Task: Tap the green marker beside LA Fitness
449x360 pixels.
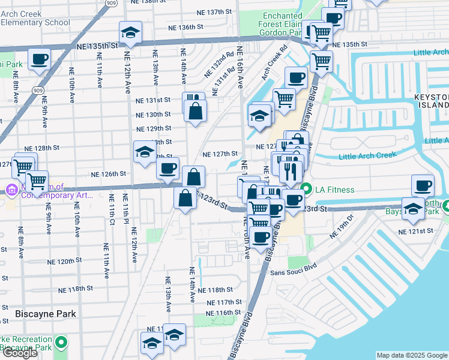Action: click(x=306, y=190)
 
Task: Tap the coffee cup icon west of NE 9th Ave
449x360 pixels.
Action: click(x=39, y=59)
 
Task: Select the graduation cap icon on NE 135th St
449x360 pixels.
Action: click(x=130, y=33)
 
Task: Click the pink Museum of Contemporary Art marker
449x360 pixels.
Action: click(x=11, y=190)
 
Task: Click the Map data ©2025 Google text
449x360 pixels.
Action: click(x=412, y=355)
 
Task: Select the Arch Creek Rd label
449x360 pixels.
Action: click(x=276, y=65)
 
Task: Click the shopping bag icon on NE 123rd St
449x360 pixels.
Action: click(x=185, y=198)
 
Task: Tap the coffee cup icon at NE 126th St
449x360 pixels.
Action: click(x=168, y=168)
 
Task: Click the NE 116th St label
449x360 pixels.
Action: click(x=223, y=313)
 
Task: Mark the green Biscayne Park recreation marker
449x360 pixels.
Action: click(x=60, y=343)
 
